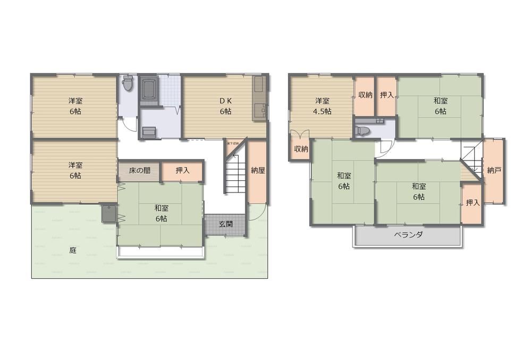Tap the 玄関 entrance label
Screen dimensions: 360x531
pyautogui.click(x=225, y=224)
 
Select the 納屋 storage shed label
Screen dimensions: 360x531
pyautogui.click(x=258, y=171)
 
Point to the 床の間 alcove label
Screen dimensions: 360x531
pyautogui.click(x=139, y=171)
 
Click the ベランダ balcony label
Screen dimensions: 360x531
pyautogui.click(x=408, y=235)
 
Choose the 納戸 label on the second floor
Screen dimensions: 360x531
pyautogui.click(x=494, y=171)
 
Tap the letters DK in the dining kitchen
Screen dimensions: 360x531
pyautogui.click(x=225, y=101)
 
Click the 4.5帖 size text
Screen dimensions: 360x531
pyautogui.click(x=322, y=111)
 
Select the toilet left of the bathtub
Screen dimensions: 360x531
pyautogui.click(x=127, y=83)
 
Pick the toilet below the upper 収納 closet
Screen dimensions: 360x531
pyautogui.click(x=364, y=130)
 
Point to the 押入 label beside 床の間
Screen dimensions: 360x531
pyautogui.click(x=182, y=171)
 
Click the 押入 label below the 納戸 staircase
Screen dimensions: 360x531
pyautogui.click(x=471, y=203)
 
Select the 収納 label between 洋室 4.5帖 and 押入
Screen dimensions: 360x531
pyautogui.click(x=365, y=95)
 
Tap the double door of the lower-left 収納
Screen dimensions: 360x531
pyautogui.click(x=298, y=134)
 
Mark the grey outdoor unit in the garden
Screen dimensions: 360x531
pyautogui.click(x=109, y=213)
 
